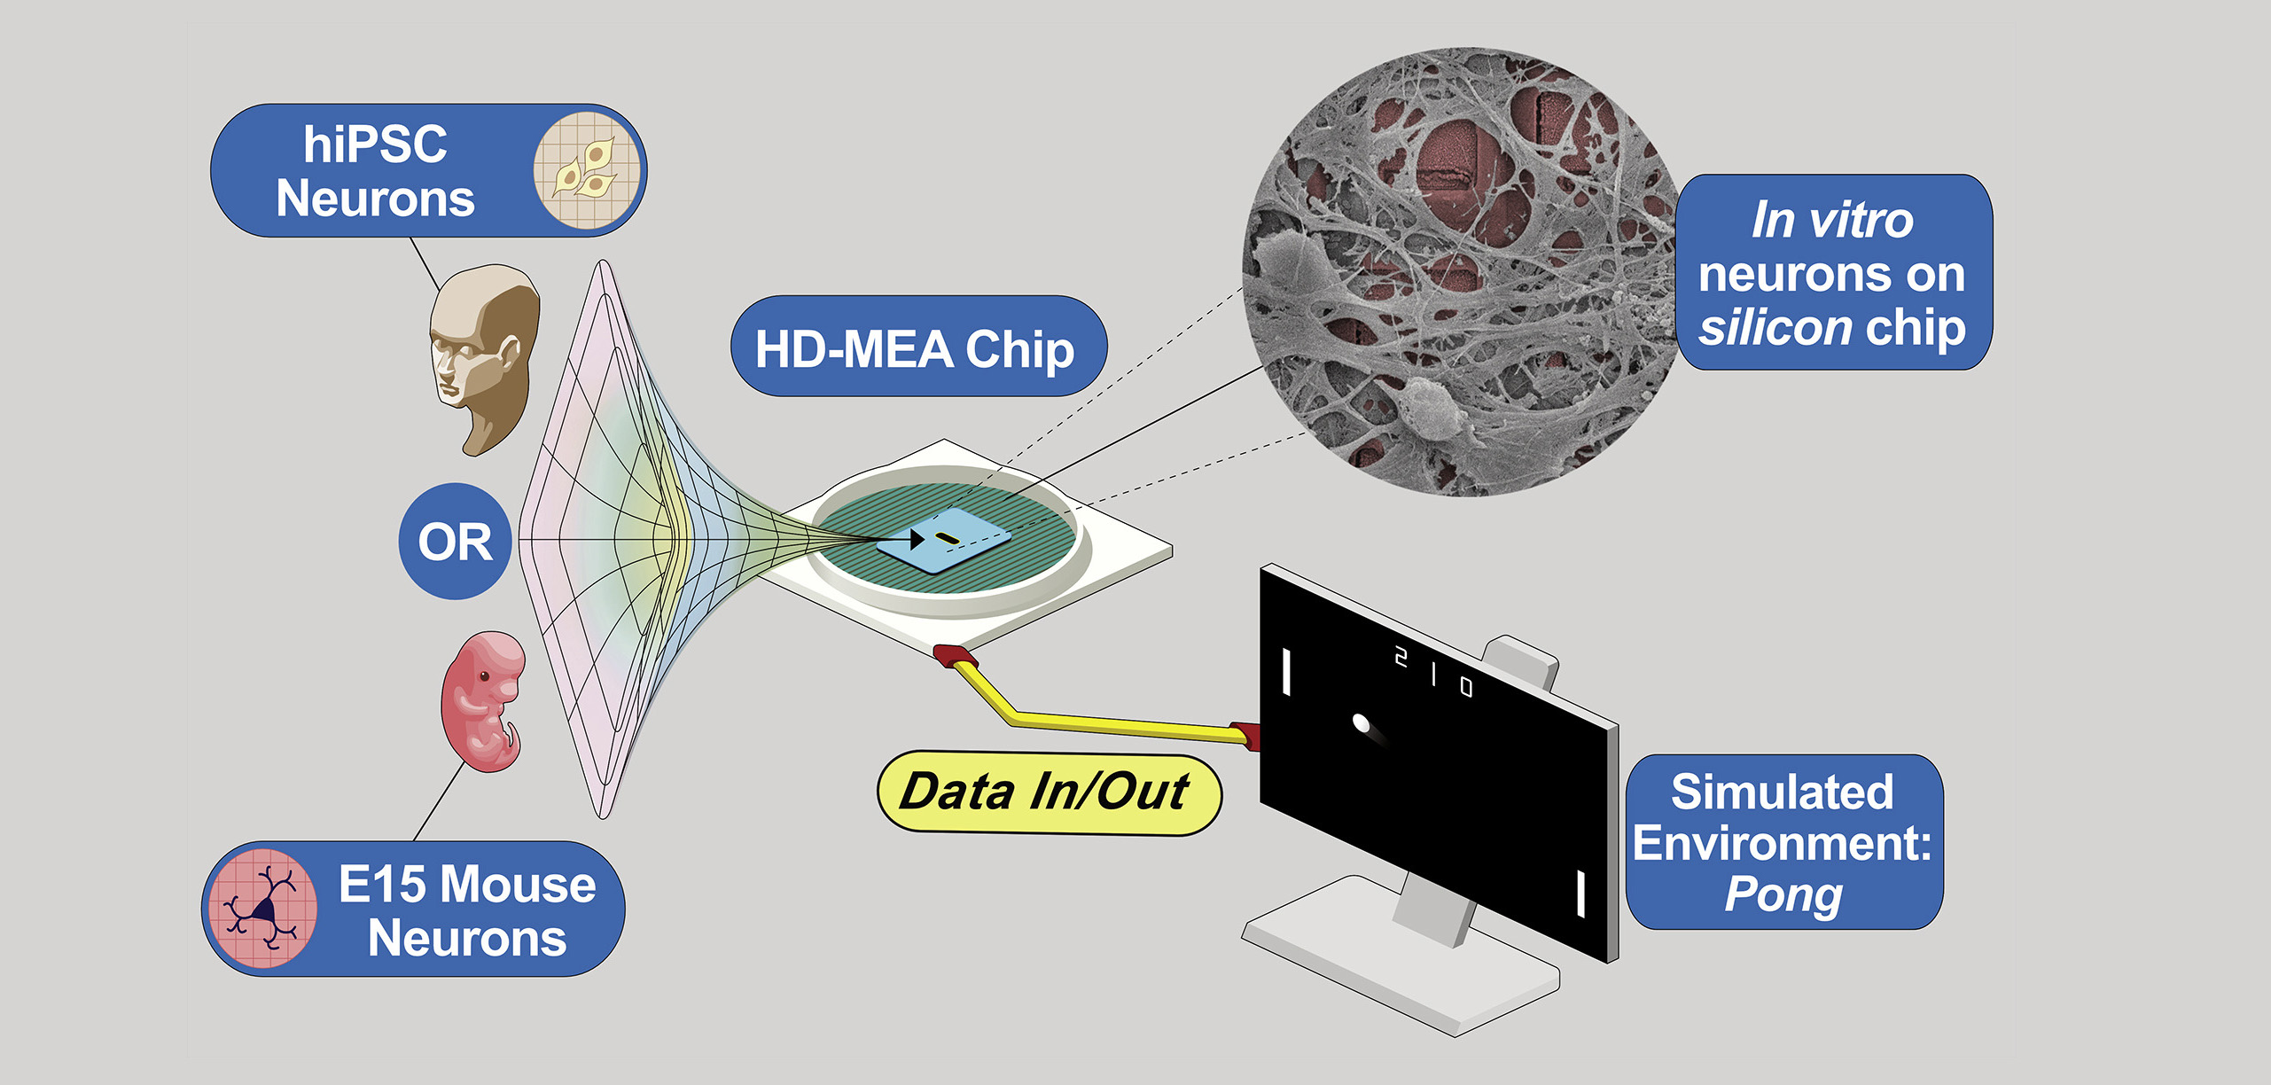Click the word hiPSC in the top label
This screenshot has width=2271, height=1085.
(375, 144)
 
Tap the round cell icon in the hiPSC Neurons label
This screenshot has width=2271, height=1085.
(586, 169)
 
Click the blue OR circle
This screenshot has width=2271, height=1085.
(455, 542)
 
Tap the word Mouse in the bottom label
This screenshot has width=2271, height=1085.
(518, 884)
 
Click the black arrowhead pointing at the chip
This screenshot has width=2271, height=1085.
(917, 538)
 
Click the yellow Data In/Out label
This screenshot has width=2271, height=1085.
(1047, 792)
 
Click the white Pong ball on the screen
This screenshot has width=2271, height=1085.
(1362, 723)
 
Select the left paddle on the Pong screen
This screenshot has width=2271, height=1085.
(1285, 672)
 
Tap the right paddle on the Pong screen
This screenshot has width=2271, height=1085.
(1580, 894)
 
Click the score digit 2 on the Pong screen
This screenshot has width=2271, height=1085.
(1401, 657)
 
